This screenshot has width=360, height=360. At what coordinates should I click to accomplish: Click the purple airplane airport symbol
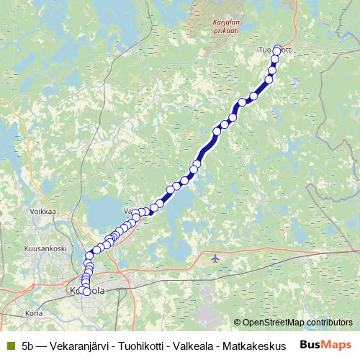click(x=215, y=258)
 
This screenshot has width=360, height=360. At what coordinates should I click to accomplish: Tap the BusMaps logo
click(x=326, y=344)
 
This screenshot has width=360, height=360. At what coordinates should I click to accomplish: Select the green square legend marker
click(x=10, y=345)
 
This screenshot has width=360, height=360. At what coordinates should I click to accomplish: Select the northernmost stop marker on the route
click(x=278, y=50)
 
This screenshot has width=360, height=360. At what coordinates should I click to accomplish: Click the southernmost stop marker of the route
click(x=86, y=292)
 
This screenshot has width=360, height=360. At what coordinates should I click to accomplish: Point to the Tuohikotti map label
click(x=276, y=50)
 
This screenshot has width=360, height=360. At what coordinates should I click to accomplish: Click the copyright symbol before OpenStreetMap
click(x=238, y=323)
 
